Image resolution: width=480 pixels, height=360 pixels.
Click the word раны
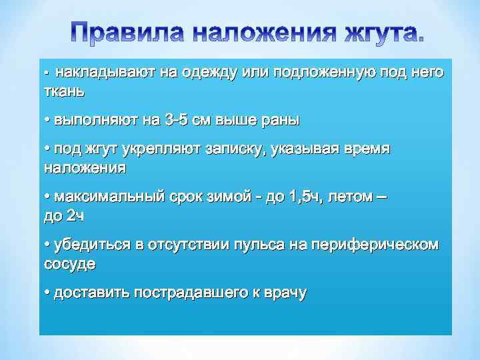(279, 121)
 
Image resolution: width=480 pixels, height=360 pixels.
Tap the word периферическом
(375, 245)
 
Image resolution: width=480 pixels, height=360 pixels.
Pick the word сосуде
(69, 263)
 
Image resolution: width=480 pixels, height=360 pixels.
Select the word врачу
(286, 293)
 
